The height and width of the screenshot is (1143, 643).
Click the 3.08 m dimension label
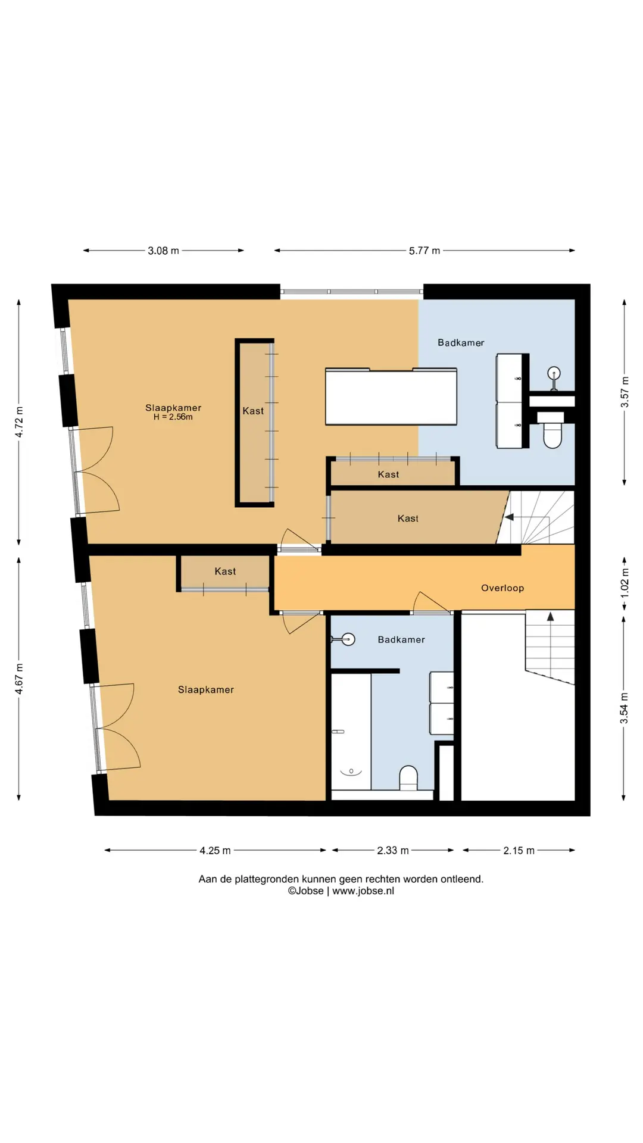point(163,251)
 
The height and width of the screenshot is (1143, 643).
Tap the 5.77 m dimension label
point(424,251)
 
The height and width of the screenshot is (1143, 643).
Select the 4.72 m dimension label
point(19,422)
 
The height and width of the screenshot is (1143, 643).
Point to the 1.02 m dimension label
point(625,583)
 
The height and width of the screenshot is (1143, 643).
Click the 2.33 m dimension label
point(393,850)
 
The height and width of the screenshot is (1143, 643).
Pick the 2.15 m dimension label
point(519,850)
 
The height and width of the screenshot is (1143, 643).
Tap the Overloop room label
point(502,588)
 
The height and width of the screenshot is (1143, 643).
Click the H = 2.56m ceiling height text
point(173,417)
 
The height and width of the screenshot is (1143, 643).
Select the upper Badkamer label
point(461,342)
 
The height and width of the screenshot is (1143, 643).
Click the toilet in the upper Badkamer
point(551,429)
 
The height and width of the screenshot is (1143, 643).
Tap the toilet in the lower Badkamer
point(408,778)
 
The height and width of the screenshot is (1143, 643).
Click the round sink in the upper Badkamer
point(554,374)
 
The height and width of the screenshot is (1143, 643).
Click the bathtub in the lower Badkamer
point(351,732)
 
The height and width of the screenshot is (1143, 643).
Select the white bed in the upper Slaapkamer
point(391,396)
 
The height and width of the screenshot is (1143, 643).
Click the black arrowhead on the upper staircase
point(509,517)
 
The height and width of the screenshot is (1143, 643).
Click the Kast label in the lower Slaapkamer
point(225,571)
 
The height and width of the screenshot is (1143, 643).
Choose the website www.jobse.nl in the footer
point(363,891)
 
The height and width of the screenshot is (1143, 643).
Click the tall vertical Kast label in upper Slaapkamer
point(253,411)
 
